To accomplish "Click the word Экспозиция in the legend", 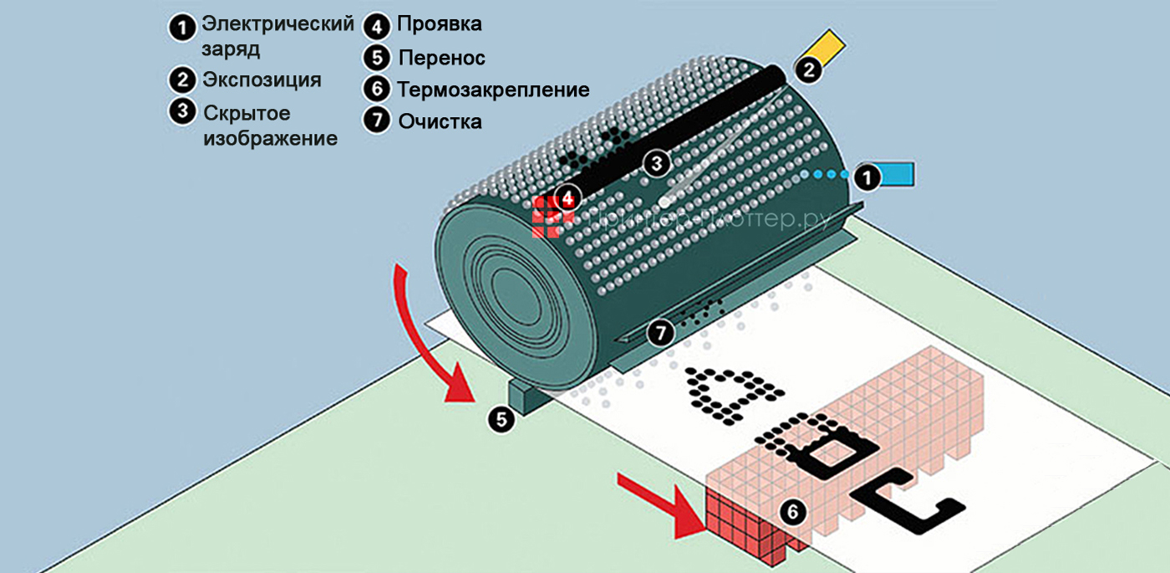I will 262,80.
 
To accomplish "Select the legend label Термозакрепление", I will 493,90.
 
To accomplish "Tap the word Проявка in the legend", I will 439,25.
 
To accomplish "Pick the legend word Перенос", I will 441,59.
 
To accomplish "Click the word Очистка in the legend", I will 440,121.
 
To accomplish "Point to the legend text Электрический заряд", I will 277,36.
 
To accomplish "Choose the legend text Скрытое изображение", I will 269,125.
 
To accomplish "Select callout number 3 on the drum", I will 656,162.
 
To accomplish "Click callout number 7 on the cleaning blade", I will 661,333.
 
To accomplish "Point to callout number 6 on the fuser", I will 794,511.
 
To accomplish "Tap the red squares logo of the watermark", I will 552,216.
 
